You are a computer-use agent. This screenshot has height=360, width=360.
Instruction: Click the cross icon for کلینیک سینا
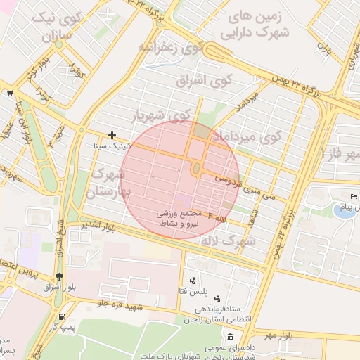pyautogui.click(x=112, y=135)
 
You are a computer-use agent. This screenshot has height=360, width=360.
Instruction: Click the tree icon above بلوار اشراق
pyautogui.click(x=59, y=276)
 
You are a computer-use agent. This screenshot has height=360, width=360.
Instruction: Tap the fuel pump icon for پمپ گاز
pyautogui.click(x=63, y=317)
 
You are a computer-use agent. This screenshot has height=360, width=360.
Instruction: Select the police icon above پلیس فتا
pyautogui.click(x=193, y=281)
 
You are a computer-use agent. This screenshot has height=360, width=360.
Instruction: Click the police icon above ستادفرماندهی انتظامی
pyautogui.click(x=217, y=298)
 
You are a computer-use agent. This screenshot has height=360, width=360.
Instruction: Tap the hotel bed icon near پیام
pyautogui.click(x=354, y=196)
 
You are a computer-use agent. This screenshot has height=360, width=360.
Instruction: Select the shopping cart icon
pyautogui.click(x=9, y=92)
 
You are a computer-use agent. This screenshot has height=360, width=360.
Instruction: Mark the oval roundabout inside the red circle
pyautogui.click(x=196, y=169)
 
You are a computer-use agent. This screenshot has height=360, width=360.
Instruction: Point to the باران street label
pyautogui.click(x=324, y=50)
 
